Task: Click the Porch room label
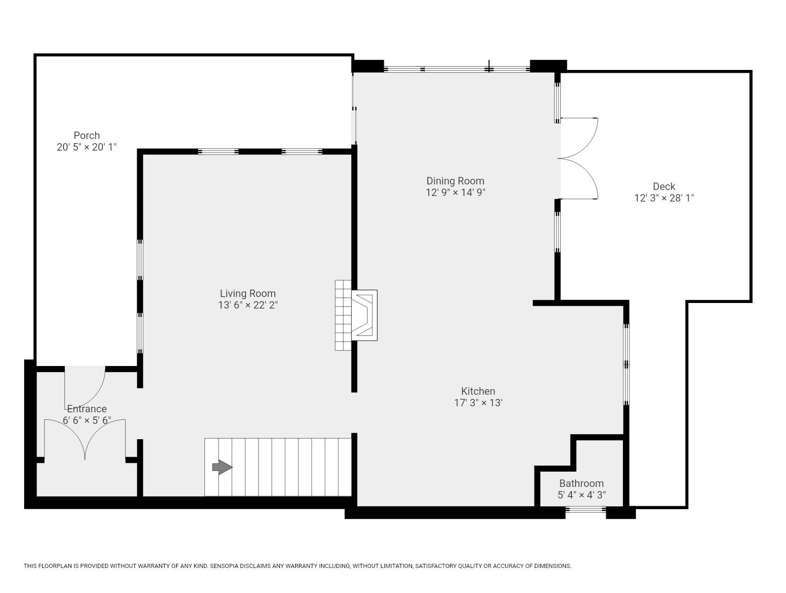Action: point(87,135)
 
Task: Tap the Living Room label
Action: point(247,293)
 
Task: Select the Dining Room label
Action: point(455,181)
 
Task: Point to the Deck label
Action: point(664,186)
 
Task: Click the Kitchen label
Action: point(478,391)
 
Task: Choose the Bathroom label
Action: point(581,483)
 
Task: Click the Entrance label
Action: point(87,409)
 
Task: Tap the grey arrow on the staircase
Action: point(222,467)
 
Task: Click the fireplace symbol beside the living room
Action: point(364,315)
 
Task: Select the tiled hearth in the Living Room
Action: point(343,315)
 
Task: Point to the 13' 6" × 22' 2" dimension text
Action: point(247,305)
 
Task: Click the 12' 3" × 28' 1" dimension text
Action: point(664,198)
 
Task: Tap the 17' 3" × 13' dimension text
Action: point(478,403)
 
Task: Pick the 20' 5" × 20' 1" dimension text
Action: point(87,147)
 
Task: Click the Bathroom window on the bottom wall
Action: point(585,510)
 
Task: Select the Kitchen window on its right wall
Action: point(626,364)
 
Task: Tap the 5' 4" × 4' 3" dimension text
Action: point(581,495)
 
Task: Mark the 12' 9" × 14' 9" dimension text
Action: point(455,192)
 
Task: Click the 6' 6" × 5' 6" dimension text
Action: point(87,420)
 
